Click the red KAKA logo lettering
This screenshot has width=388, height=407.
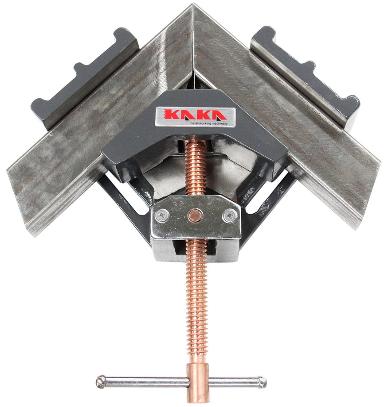coord(195,115)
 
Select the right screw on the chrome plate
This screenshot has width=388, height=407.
coord(230,216)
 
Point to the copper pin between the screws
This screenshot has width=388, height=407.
coord(196,215)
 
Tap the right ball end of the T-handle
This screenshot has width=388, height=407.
coord(262,381)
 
